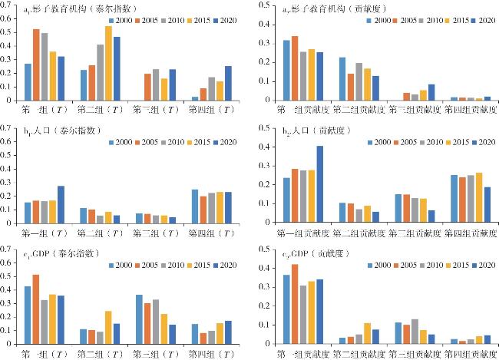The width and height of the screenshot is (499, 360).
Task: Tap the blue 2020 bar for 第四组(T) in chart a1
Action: click(228, 83)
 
